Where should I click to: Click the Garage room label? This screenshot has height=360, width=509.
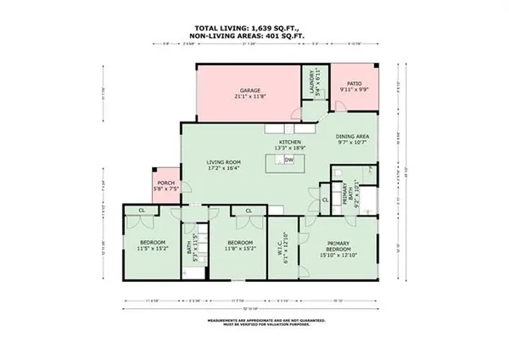(x=249, y=90)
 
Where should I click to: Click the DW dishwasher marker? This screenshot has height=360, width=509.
(x=289, y=160)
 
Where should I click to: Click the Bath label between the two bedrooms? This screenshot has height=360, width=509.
(x=189, y=247)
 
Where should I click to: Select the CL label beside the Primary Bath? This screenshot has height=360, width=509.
(x=326, y=200)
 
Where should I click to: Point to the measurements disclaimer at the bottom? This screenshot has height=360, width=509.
(x=255, y=323)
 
